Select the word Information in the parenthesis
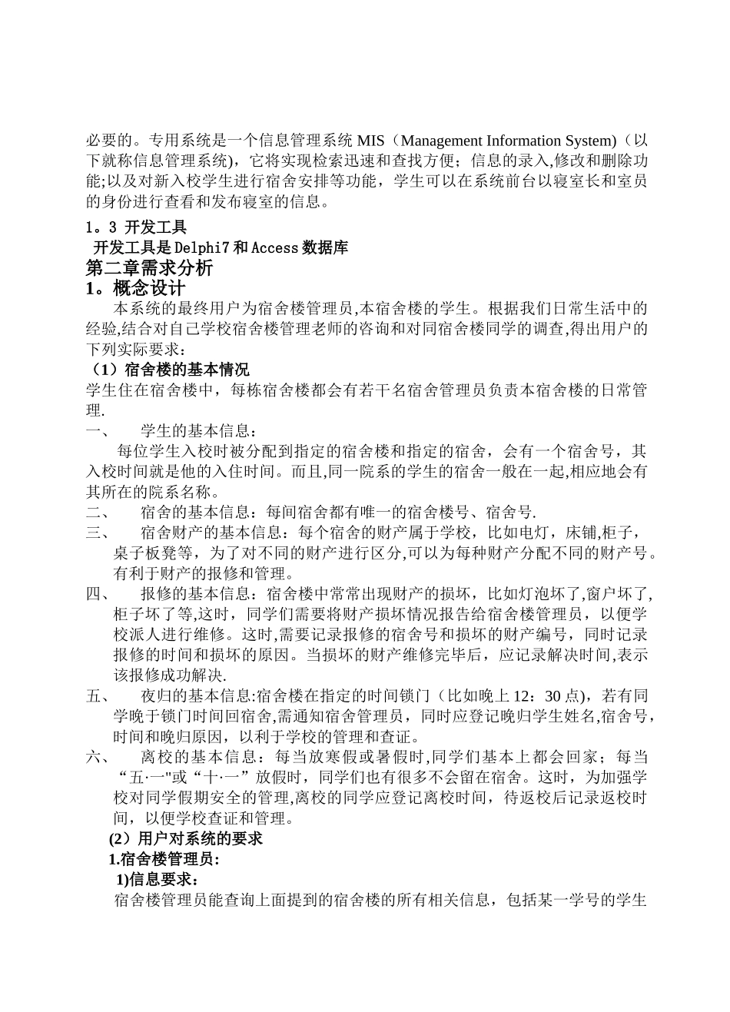point(526,141)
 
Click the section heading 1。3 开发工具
point(135,227)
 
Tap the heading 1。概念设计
point(135,289)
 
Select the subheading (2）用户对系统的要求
point(186,838)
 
